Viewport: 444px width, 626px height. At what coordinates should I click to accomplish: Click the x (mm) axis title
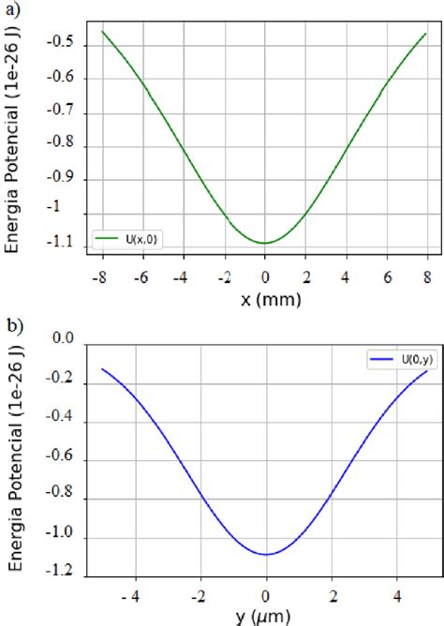[265, 301]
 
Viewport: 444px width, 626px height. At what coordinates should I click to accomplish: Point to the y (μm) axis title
[266, 616]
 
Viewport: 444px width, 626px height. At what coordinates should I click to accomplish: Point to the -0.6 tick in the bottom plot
[61, 461]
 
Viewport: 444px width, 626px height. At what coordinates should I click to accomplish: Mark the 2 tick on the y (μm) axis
[332, 594]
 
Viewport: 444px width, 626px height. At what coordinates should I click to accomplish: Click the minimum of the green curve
[266, 243]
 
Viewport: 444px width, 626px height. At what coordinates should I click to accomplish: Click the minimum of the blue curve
[266, 554]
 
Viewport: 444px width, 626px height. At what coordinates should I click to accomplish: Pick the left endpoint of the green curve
[103, 32]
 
